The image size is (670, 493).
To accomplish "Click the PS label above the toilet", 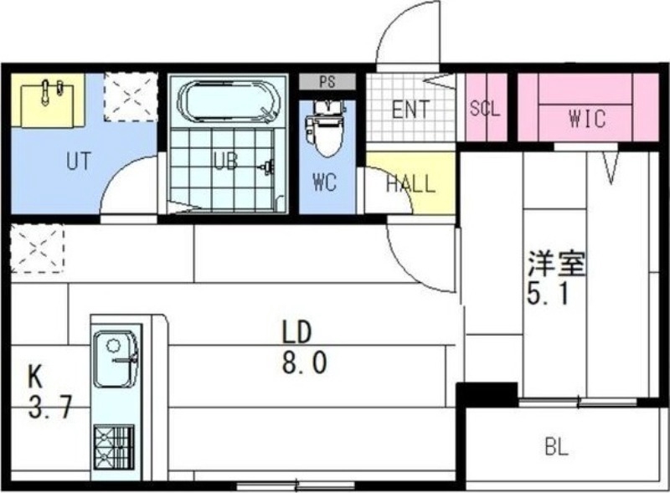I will point(328,82).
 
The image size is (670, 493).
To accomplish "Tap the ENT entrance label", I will point(410,110).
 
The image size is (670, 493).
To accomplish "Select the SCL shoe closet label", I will point(485,110).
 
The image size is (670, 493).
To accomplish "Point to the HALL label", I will point(410,184).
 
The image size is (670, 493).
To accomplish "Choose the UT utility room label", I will point(77,162).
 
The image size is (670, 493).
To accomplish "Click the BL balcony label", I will point(557,447).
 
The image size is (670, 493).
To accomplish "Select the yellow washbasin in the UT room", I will point(52,100).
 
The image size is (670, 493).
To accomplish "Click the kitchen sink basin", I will point(116,358).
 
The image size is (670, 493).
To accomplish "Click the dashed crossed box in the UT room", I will point(131,95).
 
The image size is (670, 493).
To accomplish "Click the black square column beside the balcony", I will point(487,393).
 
